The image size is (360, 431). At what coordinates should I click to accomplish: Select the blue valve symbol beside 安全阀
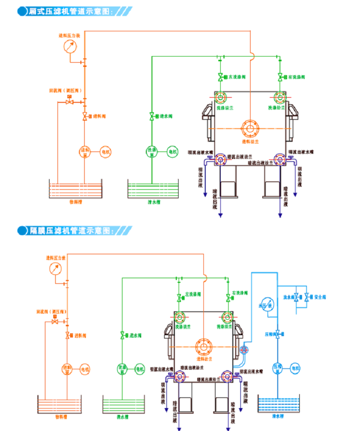(x=307, y=297)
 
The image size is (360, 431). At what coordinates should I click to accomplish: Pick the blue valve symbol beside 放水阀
(x=296, y=297)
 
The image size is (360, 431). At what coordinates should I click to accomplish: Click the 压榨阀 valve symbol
(x=278, y=334)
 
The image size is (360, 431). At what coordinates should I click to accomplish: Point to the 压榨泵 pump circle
(x=278, y=368)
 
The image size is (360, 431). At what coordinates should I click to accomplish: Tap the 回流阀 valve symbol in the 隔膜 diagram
(x=55, y=322)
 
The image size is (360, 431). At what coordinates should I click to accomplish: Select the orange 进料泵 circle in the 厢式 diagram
(x=85, y=151)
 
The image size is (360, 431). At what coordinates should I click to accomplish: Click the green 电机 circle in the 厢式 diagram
(x=173, y=151)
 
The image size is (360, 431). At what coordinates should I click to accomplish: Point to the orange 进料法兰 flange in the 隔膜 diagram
(x=204, y=347)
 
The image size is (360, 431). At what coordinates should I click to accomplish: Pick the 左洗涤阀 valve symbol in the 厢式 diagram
(x=220, y=77)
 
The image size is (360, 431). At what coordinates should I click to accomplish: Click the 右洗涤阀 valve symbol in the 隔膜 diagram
(x=228, y=297)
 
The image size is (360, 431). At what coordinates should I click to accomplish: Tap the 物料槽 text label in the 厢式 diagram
(x=75, y=202)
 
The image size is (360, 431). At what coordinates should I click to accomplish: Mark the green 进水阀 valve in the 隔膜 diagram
(x=122, y=335)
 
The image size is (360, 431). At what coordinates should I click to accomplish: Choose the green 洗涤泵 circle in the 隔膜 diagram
(x=122, y=369)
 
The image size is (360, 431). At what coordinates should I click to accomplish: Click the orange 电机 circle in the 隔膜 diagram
(x=85, y=369)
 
